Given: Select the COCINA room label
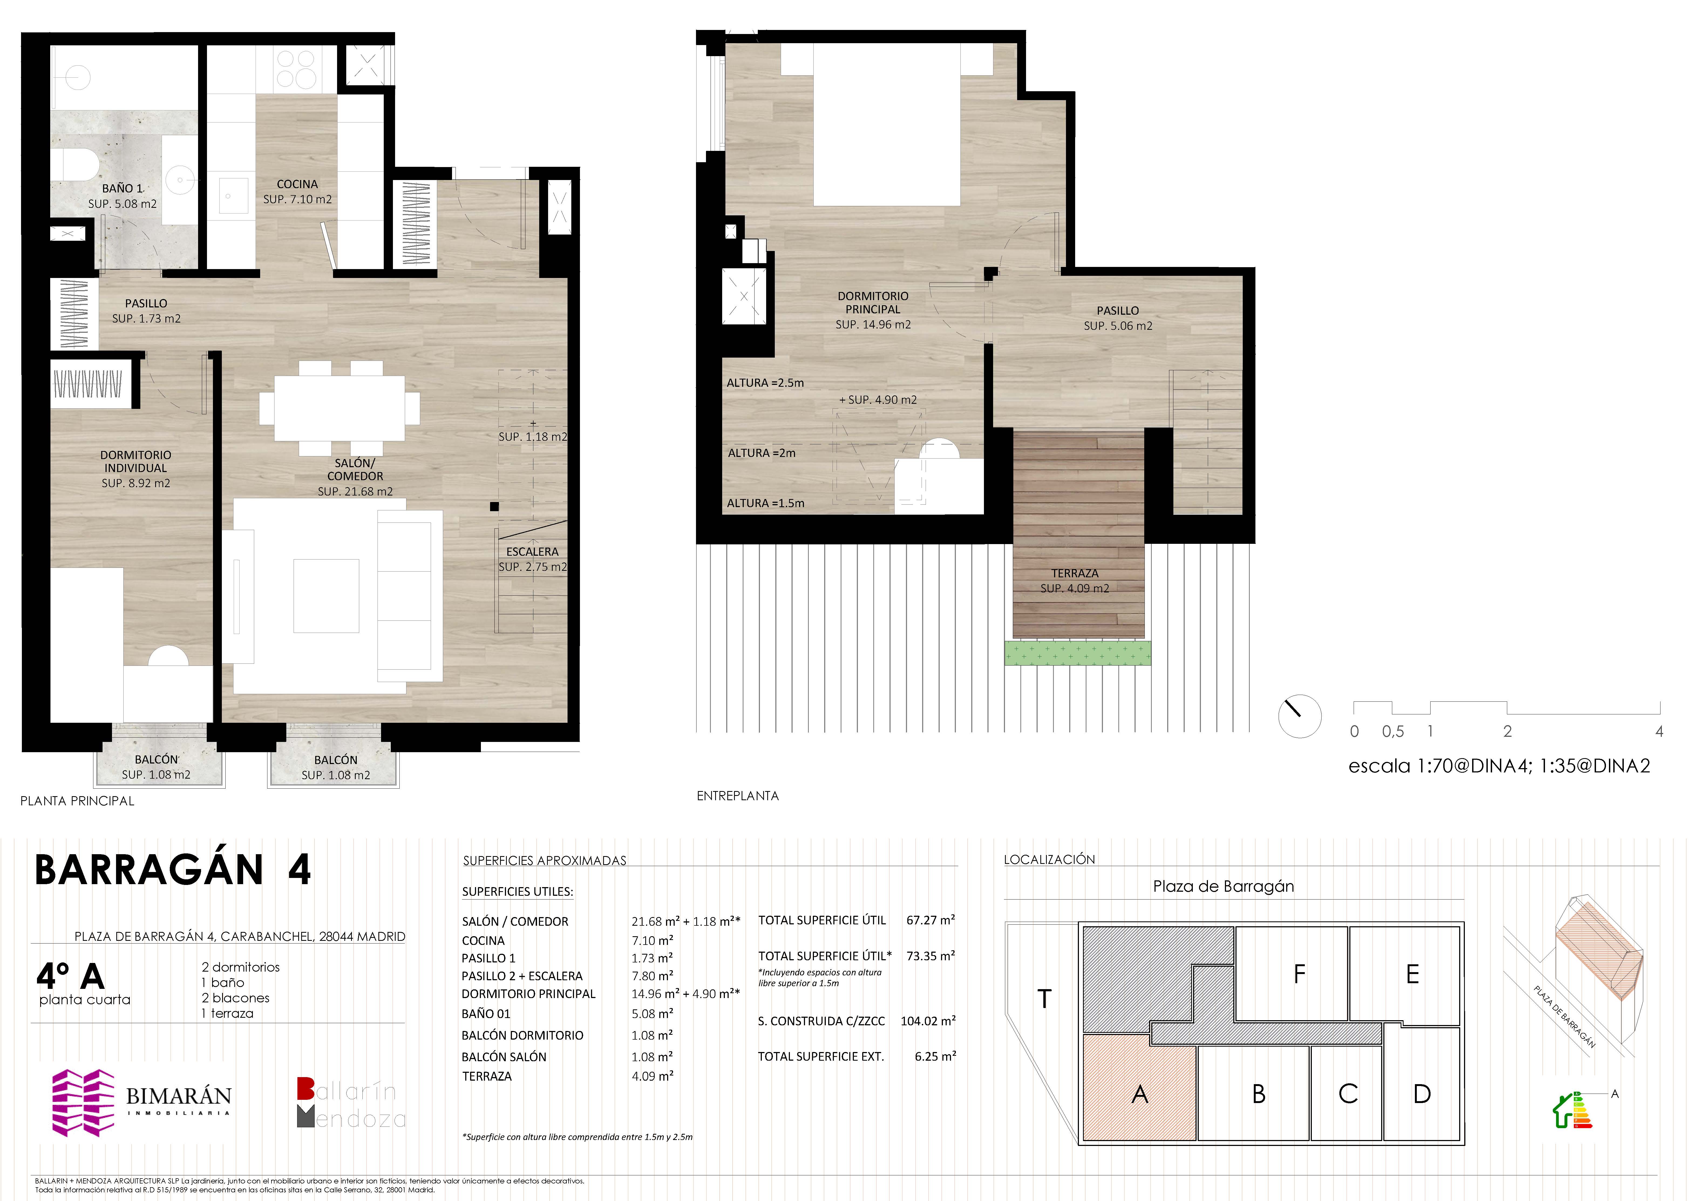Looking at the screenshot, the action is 297,184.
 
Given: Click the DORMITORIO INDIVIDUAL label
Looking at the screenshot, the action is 135,462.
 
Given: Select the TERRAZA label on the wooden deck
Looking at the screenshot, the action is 1075,573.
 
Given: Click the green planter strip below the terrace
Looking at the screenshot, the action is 1078,653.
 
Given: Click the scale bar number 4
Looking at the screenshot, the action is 1659,731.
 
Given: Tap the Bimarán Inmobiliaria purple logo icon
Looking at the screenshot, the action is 83,1102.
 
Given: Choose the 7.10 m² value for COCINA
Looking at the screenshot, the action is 652,941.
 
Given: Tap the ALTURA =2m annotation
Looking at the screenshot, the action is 762,453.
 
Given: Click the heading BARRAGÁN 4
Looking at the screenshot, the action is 173,870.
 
